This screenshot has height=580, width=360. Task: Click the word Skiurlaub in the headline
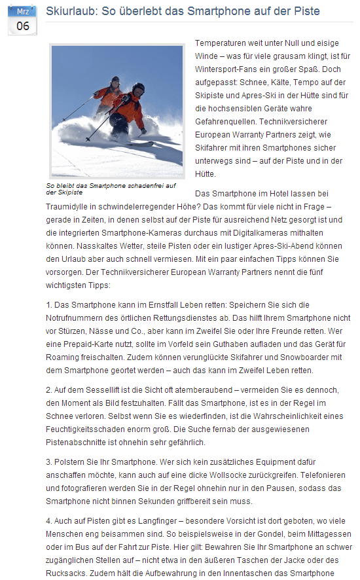67,11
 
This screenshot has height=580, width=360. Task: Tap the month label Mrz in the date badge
23,11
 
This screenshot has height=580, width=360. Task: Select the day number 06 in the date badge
23,26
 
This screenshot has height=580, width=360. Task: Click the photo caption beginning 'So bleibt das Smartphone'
111,189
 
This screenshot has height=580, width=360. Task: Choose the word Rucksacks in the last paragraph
68,573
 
